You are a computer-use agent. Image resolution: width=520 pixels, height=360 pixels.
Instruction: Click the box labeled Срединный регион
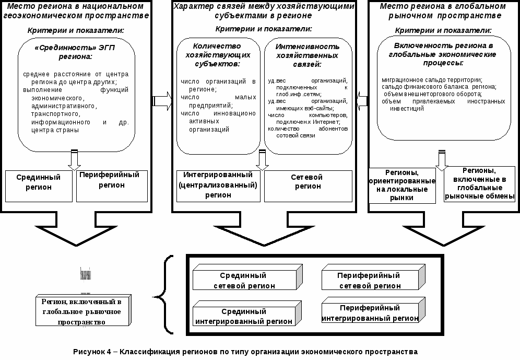click(x=39, y=186)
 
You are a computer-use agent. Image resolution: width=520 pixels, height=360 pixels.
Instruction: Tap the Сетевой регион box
click(x=306, y=185)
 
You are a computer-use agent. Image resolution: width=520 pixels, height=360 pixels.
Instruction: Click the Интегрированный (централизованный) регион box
click(x=218, y=185)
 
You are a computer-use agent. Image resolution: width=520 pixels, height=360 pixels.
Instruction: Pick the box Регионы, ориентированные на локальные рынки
click(x=403, y=185)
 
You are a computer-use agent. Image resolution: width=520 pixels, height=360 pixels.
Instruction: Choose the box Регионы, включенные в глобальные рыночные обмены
click(x=480, y=184)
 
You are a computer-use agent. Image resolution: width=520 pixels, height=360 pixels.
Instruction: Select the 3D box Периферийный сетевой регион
click(x=369, y=281)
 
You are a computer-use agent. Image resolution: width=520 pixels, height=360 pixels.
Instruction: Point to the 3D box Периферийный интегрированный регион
click(x=370, y=312)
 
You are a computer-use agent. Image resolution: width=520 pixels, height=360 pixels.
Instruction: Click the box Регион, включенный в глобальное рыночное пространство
click(x=81, y=312)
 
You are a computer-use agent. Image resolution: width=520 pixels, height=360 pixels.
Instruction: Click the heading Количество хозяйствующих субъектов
click(x=218, y=54)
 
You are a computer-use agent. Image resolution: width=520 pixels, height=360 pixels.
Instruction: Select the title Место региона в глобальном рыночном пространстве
click(x=443, y=11)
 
